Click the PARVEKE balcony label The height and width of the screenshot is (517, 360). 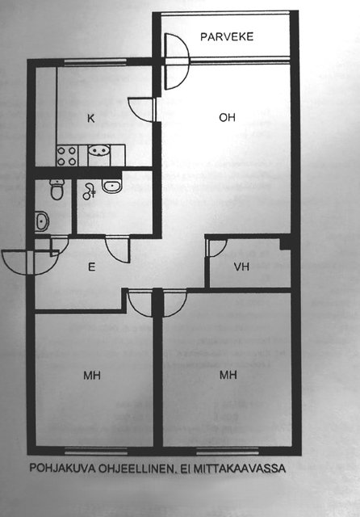227,36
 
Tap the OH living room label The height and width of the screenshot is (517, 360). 227,117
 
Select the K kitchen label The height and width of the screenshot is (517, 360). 91,118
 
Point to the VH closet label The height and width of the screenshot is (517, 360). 242,267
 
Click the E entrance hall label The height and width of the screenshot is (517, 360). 91,267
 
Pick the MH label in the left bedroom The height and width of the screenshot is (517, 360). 91,375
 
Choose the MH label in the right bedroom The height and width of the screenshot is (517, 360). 228,375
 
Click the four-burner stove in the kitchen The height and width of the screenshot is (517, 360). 67,156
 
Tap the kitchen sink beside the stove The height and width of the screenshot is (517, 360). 98,151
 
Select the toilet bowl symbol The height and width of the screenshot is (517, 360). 57,189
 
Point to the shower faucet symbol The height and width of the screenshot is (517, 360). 89,191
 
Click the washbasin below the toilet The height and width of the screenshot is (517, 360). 42,221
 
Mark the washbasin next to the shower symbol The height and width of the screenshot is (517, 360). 112,186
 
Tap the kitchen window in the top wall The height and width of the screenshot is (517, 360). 95,61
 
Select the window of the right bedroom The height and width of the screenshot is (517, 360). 228,451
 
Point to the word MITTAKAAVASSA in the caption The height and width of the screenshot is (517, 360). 239,469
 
